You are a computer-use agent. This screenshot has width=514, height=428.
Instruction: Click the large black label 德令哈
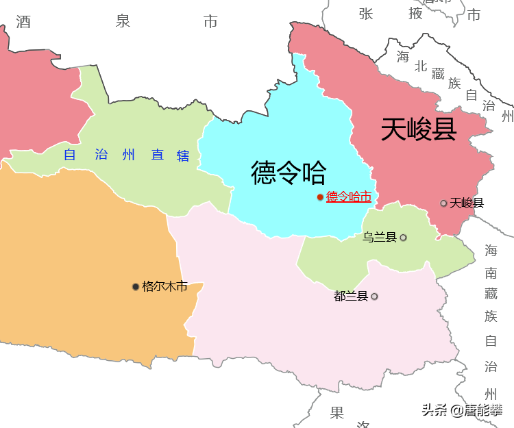point(289,173)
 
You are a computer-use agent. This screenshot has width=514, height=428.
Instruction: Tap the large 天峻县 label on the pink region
point(419,129)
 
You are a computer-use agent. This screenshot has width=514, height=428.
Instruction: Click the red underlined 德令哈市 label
point(349,197)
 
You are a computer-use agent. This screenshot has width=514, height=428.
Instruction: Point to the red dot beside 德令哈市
point(320,197)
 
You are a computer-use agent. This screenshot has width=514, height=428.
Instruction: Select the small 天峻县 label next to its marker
point(467,203)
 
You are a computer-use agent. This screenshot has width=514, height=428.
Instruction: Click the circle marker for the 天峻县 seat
point(444,203)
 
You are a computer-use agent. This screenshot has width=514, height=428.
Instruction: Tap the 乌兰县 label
point(380,238)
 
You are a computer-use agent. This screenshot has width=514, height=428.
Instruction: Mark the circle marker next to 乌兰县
point(403,238)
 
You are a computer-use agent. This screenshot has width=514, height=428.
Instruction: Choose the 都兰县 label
point(351,297)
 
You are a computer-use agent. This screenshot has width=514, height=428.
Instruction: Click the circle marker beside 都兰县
point(374,297)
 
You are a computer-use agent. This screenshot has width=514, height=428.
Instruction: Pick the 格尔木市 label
point(164,286)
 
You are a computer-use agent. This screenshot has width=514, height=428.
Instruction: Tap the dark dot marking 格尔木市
point(136,286)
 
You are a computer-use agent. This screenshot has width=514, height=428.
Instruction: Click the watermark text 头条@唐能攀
point(462,410)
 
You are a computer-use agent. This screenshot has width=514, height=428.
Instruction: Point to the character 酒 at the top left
point(23,22)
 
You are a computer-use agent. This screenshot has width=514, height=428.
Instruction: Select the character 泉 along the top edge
point(123,21)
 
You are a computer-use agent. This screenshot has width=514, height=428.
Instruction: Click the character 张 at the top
point(365,13)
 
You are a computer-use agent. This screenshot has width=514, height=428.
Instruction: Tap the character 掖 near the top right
point(415,13)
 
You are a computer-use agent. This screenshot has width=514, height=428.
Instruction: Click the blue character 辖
point(183,155)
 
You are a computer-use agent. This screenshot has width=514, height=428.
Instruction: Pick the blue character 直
point(158,155)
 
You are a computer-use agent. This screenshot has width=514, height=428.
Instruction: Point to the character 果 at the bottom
point(336,413)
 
